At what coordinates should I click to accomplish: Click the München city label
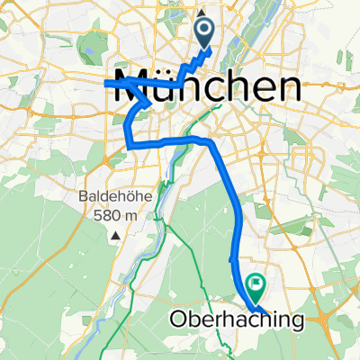(206, 86)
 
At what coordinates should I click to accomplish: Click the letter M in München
(130, 86)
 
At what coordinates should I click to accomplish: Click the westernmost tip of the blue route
(106, 83)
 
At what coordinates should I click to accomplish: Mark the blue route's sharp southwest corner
(128, 144)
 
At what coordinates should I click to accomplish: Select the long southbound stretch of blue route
(234, 207)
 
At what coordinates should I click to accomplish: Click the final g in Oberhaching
(296, 321)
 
